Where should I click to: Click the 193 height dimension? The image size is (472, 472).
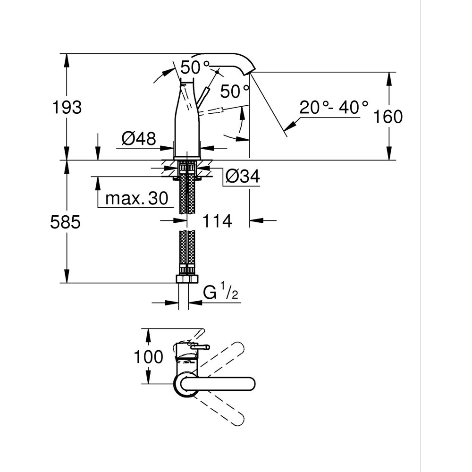pyautogui.click(x=66, y=108)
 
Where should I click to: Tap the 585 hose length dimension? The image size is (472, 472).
pyautogui.click(x=65, y=222)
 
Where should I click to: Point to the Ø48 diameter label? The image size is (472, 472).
pyautogui.click(x=139, y=138)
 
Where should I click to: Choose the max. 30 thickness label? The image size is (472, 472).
pyautogui.click(x=136, y=199)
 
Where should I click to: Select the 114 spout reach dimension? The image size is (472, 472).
pyautogui.click(x=217, y=220)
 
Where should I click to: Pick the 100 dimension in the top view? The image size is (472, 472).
pyautogui.click(x=148, y=356)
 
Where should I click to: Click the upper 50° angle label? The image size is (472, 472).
pyautogui.click(x=194, y=67)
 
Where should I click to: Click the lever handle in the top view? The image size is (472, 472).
pyautogui.click(x=199, y=348)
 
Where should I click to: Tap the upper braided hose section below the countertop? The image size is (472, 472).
pyautogui.click(x=186, y=194)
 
